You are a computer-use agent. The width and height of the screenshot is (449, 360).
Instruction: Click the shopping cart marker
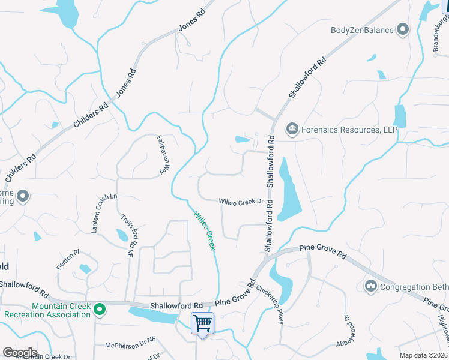pos(202,324)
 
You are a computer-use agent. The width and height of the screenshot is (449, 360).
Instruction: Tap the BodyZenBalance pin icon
pos(403,29)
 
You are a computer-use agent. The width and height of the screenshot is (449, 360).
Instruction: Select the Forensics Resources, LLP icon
pos(292,128)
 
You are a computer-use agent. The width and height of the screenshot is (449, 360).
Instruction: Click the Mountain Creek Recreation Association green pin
pos(101,310)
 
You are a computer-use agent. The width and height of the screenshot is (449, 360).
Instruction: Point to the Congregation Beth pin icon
pos(370,287)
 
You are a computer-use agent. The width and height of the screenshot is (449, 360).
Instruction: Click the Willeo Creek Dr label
pos(241,202)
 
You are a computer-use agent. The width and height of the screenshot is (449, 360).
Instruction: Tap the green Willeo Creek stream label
pos(203,230)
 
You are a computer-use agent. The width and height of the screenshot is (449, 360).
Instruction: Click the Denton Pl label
pos(68,259)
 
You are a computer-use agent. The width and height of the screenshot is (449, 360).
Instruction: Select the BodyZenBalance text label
pos(362,30)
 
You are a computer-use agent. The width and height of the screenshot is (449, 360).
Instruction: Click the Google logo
pos(20,353)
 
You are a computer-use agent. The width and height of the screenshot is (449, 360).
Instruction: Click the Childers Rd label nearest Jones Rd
pos(91,115)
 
